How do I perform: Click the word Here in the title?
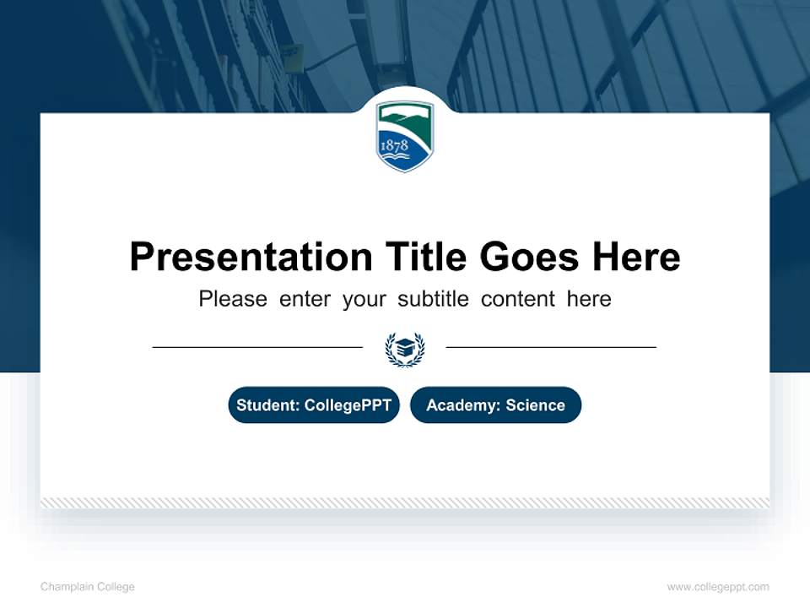[636, 257]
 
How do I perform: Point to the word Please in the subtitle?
[233, 299]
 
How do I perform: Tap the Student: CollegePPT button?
[314, 405]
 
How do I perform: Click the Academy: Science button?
[495, 405]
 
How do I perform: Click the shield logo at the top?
[405, 136]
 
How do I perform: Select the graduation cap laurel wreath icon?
[405, 348]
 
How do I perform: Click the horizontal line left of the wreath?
[257, 346]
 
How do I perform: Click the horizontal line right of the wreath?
[551, 346]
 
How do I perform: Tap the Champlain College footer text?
[88, 587]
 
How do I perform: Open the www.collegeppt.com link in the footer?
[718, 587]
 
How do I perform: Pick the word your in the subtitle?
[364, 299]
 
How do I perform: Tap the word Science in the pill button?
[535, 405]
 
